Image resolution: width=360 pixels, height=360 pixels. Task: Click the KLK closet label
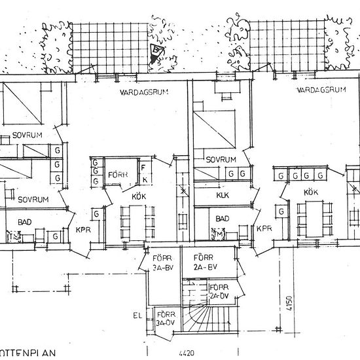[x=222, y=195]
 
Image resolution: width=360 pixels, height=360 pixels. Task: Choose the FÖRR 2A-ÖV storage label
[x=218, y=292]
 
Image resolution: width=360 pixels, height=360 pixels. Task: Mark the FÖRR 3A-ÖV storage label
[x=163, y=317]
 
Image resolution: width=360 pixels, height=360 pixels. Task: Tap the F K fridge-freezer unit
[x=145, y=173]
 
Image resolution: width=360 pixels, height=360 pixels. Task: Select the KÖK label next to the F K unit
[x=138, y=196]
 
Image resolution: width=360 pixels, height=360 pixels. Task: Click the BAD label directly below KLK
[x=223, y=219]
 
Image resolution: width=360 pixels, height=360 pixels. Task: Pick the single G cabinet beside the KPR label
[x=96, y=213]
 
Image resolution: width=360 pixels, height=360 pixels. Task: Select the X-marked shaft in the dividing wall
[x=184, y=190]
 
